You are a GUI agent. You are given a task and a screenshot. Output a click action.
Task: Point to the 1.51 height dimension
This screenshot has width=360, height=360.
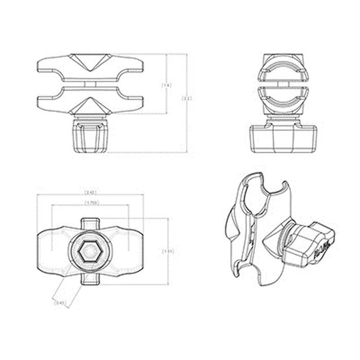tap(168, 251)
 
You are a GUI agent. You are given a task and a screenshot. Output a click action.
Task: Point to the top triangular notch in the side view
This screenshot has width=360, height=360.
tap(90, 64)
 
